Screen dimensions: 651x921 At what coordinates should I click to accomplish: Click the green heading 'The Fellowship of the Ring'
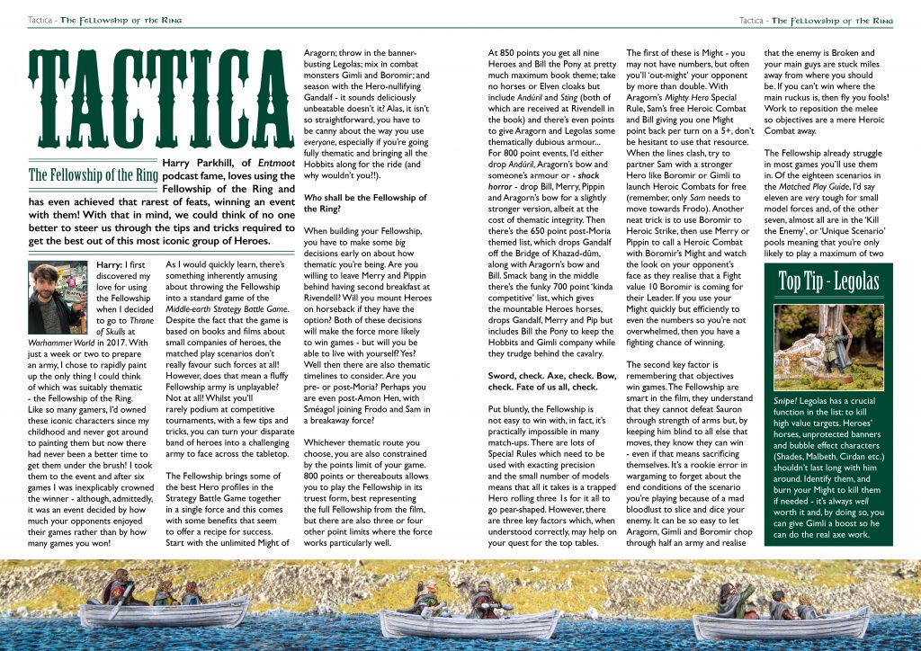94,175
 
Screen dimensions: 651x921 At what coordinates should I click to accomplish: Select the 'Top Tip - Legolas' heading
828,281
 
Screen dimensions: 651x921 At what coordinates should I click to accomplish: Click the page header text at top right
817,21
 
